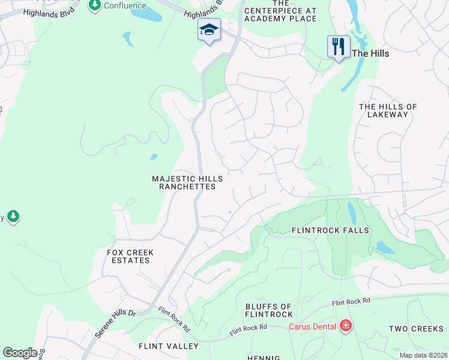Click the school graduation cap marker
[209, 30]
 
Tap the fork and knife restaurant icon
[339, 46]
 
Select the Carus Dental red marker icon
[346, 326]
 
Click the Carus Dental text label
[312, 326]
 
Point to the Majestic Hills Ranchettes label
[187, 183]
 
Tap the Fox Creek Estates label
[130, 257]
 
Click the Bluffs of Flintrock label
[269, 310]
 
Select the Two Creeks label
[416, 329]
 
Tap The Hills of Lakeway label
[388, 110]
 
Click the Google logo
[20, 353]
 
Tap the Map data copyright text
[423, 355]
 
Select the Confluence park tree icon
[94, 5]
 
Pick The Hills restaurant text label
[370, 53]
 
